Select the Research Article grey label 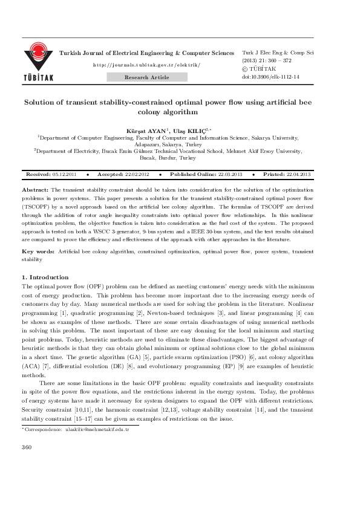pyautogui.click(x=147, y=77)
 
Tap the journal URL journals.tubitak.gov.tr pyautogui.click(x=147, y=64)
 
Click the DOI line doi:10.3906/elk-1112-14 pyautogui.click(x=270, y=77)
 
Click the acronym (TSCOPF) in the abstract pyautogui.click(x=36, y=205)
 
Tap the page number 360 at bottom pyautogui.click(x=26, y=464)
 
